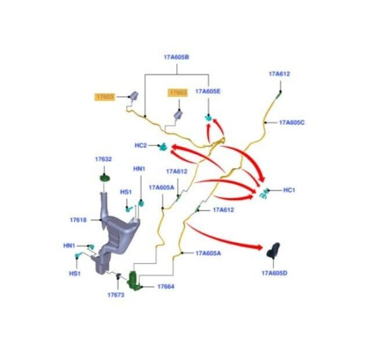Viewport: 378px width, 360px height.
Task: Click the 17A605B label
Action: pyautogui.click(x=176, y=57)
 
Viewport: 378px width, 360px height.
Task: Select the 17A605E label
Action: pyautogui.click(x=207, y=91)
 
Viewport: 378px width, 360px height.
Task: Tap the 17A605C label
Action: pyautogui.click(x=292, y=123)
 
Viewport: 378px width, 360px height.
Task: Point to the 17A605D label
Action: pyautogui.click(x=274, y=273)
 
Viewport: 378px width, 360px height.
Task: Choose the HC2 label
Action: pyautogui.click(x=140, y=145)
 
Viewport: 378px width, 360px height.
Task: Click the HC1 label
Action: pyautogui.click(x=289, y=190)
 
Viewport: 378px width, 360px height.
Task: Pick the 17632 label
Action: pyautogui.click(x=103, y=159)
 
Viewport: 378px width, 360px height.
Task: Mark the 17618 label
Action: pyautogui.click(x=78, y=220)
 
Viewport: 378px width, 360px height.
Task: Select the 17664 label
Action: pyautogui.click(x=166, y=287)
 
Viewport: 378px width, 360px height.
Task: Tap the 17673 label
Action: pyautogui.click(x=116, y=295)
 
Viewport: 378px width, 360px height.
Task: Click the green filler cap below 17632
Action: pyautogui.click(x=105, y=179)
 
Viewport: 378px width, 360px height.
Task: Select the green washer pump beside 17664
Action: pyautogui.click(x=134, y=280)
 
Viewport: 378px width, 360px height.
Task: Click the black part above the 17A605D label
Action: pyautogui.click(x=273, y=250)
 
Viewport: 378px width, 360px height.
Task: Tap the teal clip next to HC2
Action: pyautogui.click(x=163, y=147)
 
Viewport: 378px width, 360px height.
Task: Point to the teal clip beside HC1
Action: pyautogui.click(x=264, y=193)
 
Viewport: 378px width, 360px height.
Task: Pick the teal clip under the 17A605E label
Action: pyautogui.click(x=209, y=118)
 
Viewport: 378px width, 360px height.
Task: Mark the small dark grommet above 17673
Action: pyautogui.click(x=118, y=276)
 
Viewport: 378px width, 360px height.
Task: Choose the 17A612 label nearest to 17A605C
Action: pyautogui.click(x=279, y=74)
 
